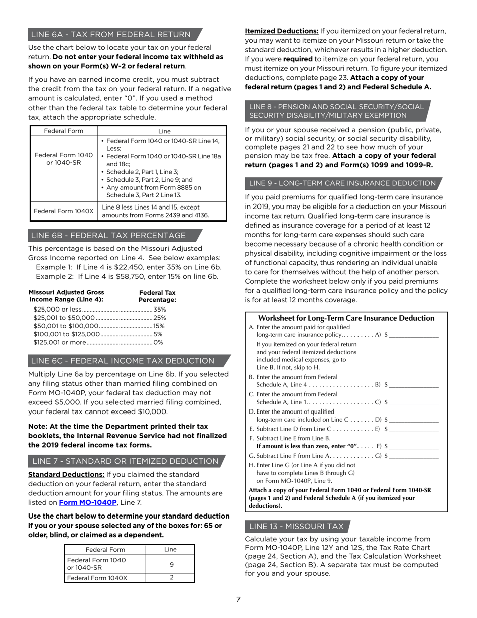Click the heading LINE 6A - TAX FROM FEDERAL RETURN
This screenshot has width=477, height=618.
click(111, 34)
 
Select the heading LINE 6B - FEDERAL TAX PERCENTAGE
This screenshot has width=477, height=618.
click(108, 235)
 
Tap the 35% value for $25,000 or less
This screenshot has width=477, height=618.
click(160, 309)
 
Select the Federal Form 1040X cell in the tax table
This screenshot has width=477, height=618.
click(63, 211)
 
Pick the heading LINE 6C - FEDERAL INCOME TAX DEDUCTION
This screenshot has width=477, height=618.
click(123, 361)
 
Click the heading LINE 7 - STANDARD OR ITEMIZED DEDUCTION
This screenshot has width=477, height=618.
click(125, 461)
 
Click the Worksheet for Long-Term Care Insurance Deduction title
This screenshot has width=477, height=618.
click(346, 318)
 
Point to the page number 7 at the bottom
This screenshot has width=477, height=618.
click(238, 599)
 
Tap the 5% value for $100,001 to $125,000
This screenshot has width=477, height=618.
click(158, 334)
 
